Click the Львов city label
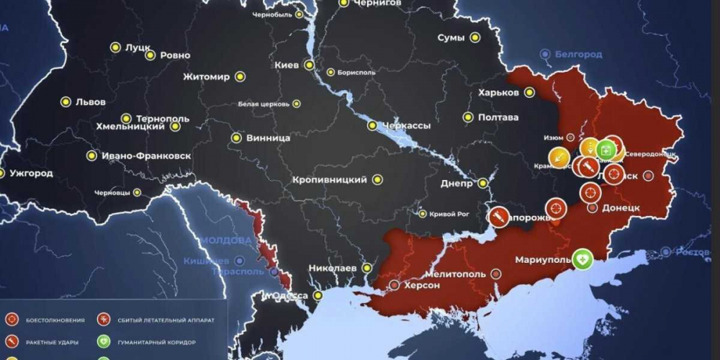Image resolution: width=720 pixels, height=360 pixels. pos(90,102)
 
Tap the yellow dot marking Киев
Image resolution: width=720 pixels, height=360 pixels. pos(309,65)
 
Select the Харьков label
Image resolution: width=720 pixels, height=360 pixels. pos(498,92)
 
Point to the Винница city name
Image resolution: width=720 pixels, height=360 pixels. pos(268,138)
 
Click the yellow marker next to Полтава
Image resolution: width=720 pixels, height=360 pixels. pos(468,117)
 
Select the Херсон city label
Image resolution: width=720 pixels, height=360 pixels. pos(423,285)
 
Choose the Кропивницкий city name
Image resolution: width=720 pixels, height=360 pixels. pos(330,179)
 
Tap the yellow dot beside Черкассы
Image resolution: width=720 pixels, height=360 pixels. pos(372,125)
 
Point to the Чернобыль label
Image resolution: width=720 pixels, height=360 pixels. pos(274,14)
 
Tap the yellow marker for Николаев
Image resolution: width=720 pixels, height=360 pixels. pos(366,268)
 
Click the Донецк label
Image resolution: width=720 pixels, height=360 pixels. pos(621,207)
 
